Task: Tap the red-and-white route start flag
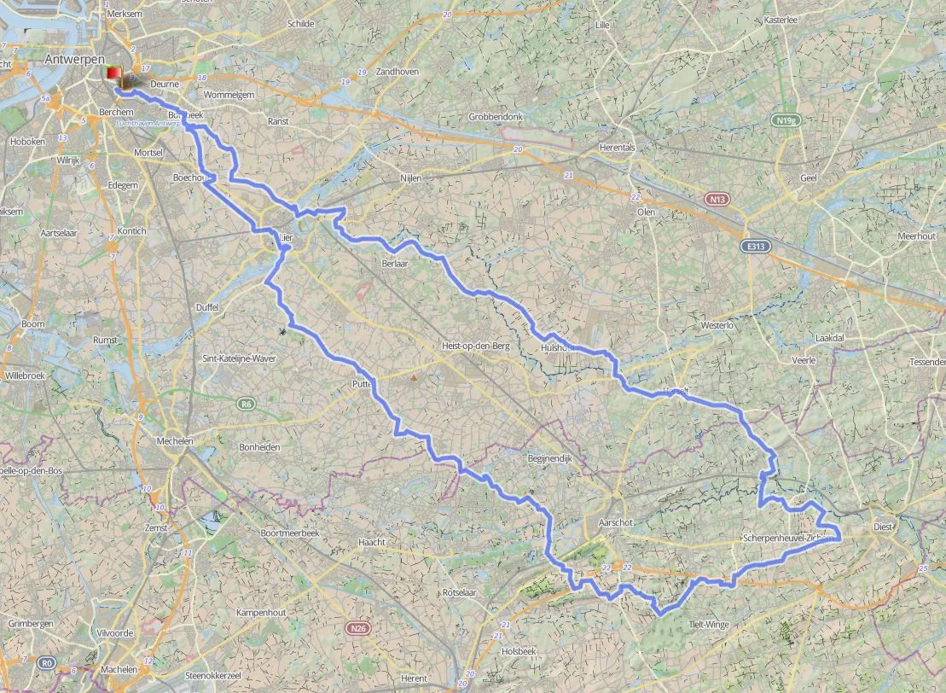click(113, 75)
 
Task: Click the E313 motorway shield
click(753, 246)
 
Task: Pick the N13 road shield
click(718, 199)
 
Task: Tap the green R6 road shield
click(246, 403)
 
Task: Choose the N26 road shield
click(358, 628)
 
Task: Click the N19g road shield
click(786, 120)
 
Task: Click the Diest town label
click(882, 527)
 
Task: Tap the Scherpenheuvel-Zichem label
click(785, 539)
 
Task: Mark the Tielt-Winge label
click(708, 625)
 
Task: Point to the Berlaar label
click(395, 265)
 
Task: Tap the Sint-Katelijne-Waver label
click(238, 359)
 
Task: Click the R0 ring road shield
click(46, 661)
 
